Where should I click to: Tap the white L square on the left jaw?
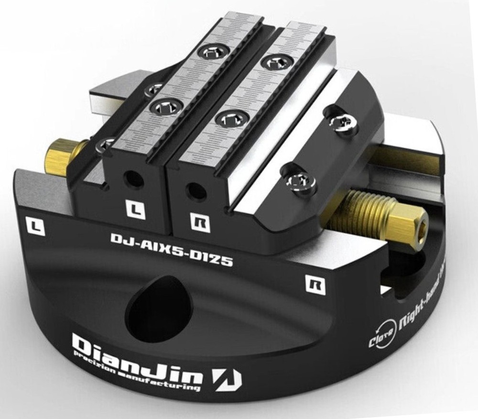pos(135,209)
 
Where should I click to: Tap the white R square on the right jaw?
pos(200,222)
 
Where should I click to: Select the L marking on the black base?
pos(34,225)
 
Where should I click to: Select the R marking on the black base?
pos(315,285)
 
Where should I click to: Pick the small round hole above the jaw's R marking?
pos(194,190)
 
